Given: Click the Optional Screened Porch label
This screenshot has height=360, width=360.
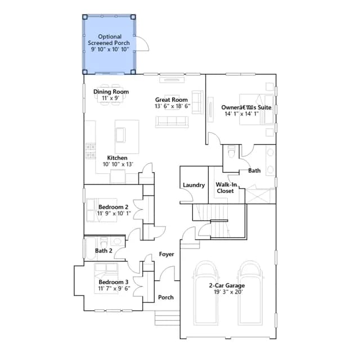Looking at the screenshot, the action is coord(109,40).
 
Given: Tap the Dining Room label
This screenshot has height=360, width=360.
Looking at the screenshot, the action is coord(111,92).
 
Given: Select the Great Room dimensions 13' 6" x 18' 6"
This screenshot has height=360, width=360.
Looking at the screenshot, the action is coord(173,106).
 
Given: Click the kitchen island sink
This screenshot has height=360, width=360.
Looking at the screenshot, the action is coord(121,135).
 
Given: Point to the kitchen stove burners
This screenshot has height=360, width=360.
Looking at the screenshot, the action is coord(91,151).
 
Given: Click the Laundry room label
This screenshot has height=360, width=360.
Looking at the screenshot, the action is coord(193,185).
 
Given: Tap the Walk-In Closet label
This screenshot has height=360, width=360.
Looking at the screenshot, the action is coord(226,188).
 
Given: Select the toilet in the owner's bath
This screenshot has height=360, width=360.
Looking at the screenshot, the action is coord(232,151).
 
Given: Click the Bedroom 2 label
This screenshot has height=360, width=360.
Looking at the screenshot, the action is coord(113,207).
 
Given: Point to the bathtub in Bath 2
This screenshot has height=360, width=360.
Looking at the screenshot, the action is coord(90,249).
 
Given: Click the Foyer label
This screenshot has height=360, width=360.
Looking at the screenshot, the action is coord(166,254).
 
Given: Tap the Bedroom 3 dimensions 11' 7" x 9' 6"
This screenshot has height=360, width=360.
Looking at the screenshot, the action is coord(114,289).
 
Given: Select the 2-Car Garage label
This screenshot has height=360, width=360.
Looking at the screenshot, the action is coord(227,285).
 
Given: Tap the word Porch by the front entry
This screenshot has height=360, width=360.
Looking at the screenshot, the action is coord(166,298).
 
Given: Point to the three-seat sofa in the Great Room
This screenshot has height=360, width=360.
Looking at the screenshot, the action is coord(172,121).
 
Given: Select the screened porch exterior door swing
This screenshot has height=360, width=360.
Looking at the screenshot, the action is coord(142,44).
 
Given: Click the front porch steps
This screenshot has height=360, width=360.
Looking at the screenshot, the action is coord(167,318).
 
